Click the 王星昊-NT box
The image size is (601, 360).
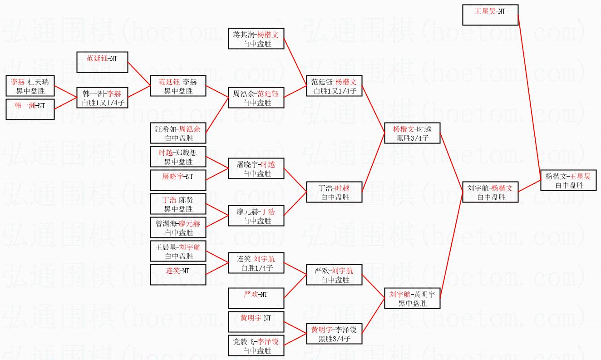[490, 15]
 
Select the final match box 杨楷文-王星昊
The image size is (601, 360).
[568, 180]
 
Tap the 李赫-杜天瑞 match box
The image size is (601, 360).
[30, 86]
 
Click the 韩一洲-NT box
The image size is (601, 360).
[30, 109]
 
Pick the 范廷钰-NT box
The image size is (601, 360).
[102, 62]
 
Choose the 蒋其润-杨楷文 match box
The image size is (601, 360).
[256, 39]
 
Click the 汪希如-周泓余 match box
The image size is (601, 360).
[178, 133]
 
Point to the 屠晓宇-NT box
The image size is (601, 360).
[178, 180]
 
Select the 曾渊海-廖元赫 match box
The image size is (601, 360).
[178, 227]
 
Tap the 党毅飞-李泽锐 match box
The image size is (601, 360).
[256, 345]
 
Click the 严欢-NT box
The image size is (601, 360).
[256, 298]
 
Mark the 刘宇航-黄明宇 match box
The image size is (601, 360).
[412, 298]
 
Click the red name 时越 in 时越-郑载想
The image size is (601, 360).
[166, 153]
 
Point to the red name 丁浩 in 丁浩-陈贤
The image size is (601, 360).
[169, 200]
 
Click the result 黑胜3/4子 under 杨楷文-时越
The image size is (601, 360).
[413, 138]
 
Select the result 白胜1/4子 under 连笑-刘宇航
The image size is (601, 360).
[257, 268]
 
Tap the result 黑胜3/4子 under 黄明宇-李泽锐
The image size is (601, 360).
[335, 339]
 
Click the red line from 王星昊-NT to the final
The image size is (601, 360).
[529, 98]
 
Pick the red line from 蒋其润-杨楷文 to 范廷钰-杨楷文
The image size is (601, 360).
[295, 62]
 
